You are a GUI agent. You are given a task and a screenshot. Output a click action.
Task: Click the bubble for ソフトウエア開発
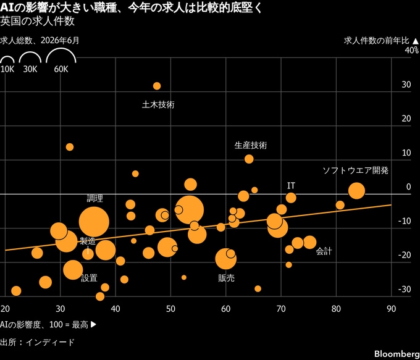tap(356, 191)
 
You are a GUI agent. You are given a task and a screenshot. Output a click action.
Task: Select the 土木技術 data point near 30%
tap(157, 86)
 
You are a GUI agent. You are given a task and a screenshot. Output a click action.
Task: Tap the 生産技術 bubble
tap(249, 159)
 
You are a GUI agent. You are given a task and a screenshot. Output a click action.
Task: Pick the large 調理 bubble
tap(94, 222)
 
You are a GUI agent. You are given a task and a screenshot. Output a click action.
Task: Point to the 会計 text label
tap(324, 251)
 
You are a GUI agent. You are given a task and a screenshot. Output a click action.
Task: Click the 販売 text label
tap(226, 278)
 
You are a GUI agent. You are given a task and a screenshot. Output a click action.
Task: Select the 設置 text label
tap(89, 278)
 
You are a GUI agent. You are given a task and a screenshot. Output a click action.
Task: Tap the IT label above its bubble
tap(291, 186)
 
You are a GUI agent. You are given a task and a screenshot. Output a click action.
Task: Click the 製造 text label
tap(88, 241)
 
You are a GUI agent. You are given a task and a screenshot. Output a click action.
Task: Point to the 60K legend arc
tap(61, 49)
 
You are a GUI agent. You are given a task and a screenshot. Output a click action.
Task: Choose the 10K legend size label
tap(7, 69)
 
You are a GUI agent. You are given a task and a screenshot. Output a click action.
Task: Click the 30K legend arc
tap(30, 52)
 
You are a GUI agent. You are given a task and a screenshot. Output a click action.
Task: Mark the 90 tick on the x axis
tap(392, 309)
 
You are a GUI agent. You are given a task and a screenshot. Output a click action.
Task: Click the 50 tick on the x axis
tap(170, 309)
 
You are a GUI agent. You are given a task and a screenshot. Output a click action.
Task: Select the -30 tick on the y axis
tap(405, 289)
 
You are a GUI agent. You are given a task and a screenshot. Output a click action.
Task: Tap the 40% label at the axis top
tap(411, 50)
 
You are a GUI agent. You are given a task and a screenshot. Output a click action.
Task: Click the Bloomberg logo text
tap(397, 354)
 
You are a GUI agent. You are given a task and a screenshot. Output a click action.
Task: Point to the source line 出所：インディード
tap(37, 342)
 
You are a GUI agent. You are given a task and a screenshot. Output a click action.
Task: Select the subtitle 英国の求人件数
tap(37, 22)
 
